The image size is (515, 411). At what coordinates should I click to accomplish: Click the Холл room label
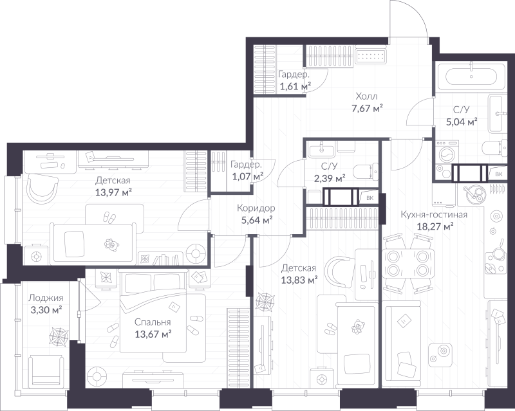[366, 96]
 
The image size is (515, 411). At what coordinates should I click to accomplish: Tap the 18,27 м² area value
[435, 226]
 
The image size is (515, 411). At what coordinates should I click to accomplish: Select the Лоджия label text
[46, 298]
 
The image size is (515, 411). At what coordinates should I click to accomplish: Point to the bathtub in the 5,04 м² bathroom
[471, 77]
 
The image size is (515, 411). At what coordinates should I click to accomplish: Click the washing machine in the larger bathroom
[447, 152]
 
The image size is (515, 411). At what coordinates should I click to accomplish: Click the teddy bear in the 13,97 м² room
[111, 245]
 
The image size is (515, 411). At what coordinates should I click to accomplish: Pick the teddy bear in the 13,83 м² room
[357, 327]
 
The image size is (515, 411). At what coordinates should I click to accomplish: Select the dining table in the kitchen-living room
[408, 264]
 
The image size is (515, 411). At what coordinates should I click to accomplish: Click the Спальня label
[153, 322]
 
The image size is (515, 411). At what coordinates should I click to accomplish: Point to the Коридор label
[256, 208]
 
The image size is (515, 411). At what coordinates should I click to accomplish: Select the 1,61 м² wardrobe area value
[295, 87]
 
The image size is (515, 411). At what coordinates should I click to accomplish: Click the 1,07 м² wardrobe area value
[248, 177]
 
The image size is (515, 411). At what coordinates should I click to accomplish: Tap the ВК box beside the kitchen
[498, 174]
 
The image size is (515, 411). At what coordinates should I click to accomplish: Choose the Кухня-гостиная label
[434, 215]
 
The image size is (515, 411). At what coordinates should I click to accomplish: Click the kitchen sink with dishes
[474, 194]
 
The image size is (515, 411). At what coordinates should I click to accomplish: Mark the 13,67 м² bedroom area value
[153, 334]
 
